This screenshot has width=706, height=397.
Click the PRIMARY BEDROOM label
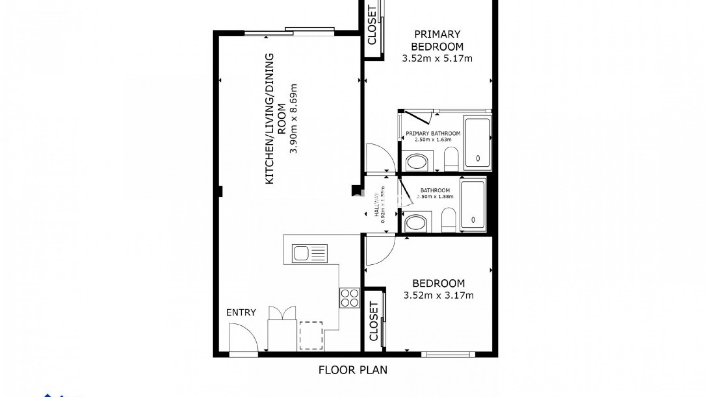tap(437, 40)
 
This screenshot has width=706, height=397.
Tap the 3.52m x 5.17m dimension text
tap(437, 58)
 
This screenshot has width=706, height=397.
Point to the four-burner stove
tap(349, 298)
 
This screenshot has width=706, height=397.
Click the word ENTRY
tap(241, 312)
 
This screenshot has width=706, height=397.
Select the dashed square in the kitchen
tap(311, 336)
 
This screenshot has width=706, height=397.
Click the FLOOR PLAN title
tap(353, 369)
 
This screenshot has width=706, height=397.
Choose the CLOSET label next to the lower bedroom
tap(373, 321)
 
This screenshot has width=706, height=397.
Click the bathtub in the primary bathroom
tap(477, 143)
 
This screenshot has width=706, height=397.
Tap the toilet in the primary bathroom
tap(451, 159)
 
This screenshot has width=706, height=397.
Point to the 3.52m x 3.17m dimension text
tap(438, 295)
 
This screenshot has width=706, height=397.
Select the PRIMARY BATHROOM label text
tap(433, 133)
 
